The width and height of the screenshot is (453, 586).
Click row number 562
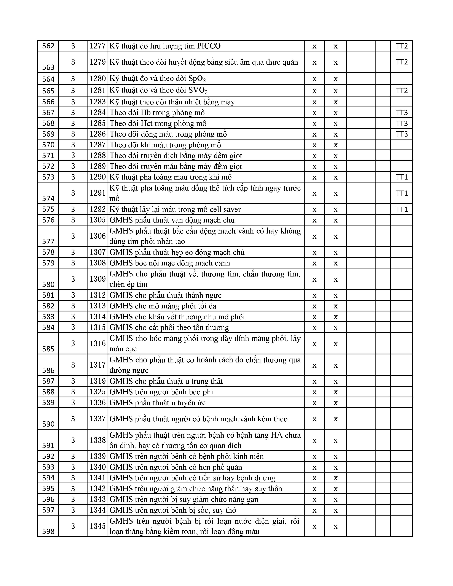click(48, 46)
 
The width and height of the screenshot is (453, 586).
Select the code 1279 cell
click(98, 62)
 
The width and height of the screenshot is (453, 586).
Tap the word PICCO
click(209, 46)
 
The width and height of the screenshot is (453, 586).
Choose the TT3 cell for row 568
click(401, 123)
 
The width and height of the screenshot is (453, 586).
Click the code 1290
click(98, 177)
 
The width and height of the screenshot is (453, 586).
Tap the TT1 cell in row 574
click(401, 193)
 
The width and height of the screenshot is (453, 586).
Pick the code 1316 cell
click(98, 343)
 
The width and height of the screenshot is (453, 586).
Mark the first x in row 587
click(314, 381)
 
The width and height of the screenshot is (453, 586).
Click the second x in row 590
click(335, 419)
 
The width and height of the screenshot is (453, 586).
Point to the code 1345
click(98, 526)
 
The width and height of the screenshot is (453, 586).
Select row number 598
click(48, 531)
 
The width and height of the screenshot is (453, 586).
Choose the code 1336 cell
click(98, 403)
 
